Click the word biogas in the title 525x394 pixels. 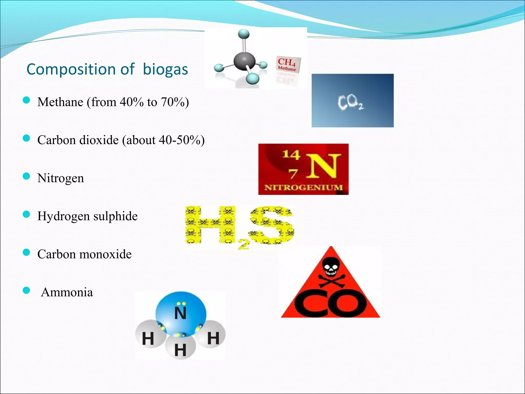pos(165,69)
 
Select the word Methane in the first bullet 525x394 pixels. pos(60,102)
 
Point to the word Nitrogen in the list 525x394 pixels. pos(60,178)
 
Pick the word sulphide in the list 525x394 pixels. pos(115,216)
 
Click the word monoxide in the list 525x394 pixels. pos(105,254)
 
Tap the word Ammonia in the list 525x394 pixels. pos(67,292)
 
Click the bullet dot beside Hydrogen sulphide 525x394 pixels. pos(26,214)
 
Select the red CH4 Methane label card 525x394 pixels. pos(288,64)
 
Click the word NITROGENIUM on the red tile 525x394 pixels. pos(304,187)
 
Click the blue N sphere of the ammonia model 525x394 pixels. pos(181,313)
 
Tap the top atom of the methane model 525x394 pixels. pos(244,34)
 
